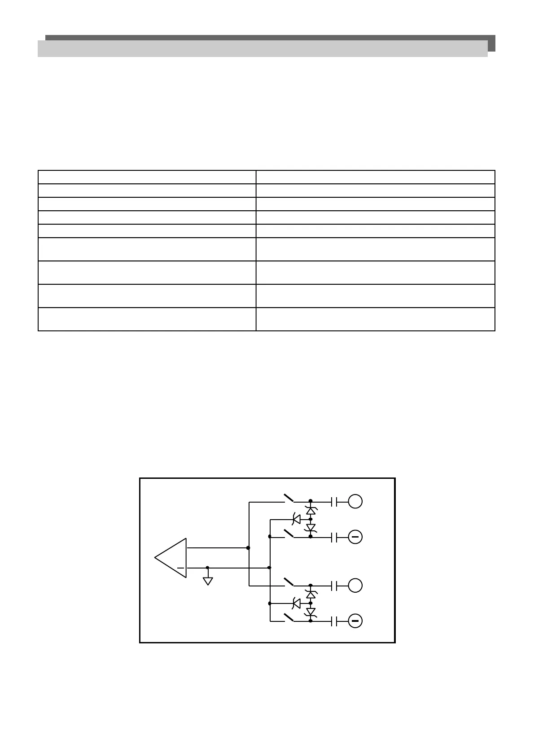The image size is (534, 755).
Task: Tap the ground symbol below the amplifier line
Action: (x=208, y=581)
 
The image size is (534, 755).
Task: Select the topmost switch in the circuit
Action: (x=288, y=498)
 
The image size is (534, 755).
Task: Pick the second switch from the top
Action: (x=288, y=533)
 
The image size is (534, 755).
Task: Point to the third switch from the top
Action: (x=288, y=582)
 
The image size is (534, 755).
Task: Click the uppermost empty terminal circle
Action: (x=355, y=501)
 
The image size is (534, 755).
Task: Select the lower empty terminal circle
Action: (x=355, y=586)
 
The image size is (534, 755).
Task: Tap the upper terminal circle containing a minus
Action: (x=355, y=537)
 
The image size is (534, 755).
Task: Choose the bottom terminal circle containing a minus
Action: (x=355, y=621)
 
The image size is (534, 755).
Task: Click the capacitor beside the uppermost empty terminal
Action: (x=333, y=501)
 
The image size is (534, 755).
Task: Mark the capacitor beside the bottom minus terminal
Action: (x=333, y=621)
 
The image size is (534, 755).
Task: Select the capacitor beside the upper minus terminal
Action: (x=333, y=537)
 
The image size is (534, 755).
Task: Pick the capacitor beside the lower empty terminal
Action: (x=333, y=586)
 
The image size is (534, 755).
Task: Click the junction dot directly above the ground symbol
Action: (x=207, y=568)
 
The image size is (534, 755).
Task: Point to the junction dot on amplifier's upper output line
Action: (x=248, y=548)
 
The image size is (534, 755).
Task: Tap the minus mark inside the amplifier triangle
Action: (x=181, y=568)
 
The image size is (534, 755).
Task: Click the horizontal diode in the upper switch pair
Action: (x=296, y=519)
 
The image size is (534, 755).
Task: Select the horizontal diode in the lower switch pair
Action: (x=296, y=603)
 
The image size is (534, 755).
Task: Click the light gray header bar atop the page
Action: (x=263, y=48)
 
